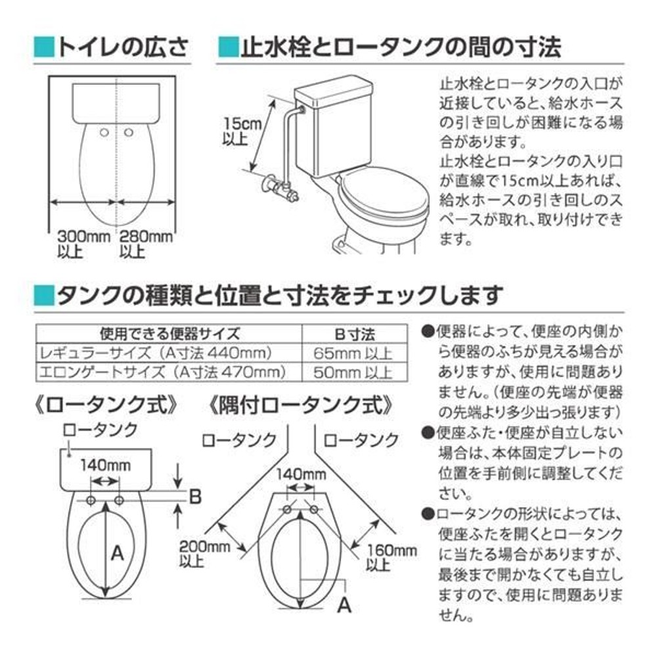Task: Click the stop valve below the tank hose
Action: pos(281,187)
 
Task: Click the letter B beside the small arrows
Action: pos(194,497)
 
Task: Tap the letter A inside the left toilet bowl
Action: pos(116,553)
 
